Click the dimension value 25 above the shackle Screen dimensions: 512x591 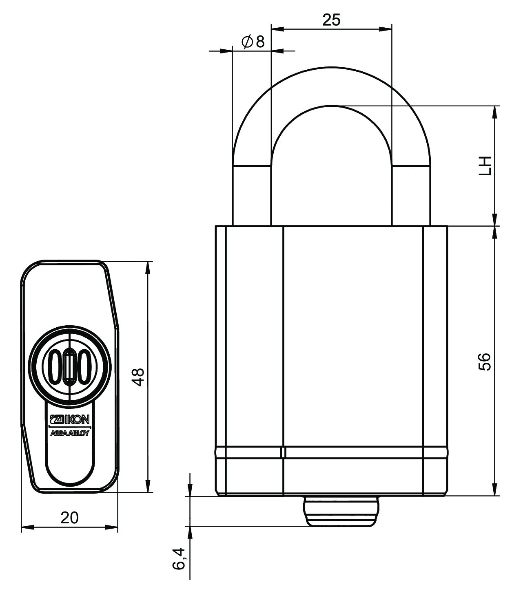pyautogui.click(x=331, y=20)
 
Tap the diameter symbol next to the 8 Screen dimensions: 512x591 pyautogui.click(x=247, y=42)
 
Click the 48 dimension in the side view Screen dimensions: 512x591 pyautogui.click(x=140, y=377)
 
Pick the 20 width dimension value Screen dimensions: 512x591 pyautogui.click(x=69, y=518)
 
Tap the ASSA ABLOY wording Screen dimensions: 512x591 pyautogui.click(x=69, y=433)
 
